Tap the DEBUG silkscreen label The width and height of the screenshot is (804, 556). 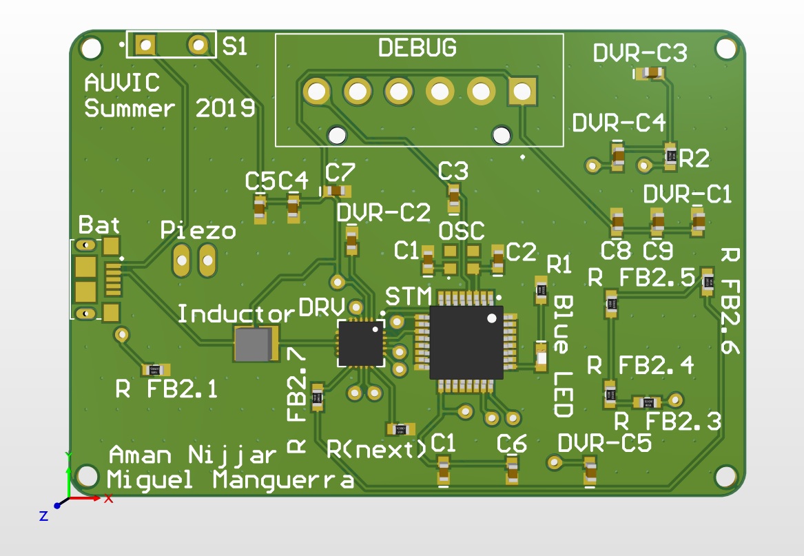tap(418, 48)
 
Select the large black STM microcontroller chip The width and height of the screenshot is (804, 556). tap(466, 342)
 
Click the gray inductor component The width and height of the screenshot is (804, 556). tap(256, 344)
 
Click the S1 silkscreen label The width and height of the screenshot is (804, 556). tap(235, 48)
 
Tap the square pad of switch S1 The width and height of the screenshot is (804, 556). tap(145, 46)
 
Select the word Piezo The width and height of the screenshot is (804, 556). tap(198, 230)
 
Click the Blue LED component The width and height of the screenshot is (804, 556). tap(541, 358)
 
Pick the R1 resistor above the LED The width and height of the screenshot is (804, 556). tap(542, 290)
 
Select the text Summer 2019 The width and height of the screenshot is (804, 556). tap(169, 108)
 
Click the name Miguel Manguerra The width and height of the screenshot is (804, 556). tap(231, 480)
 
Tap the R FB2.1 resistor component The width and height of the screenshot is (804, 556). tap(155, 370)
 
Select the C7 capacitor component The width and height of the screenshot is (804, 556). tap(337, 190)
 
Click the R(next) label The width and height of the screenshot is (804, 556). tap(377, 449)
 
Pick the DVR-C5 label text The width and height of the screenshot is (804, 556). tap(605, 443)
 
